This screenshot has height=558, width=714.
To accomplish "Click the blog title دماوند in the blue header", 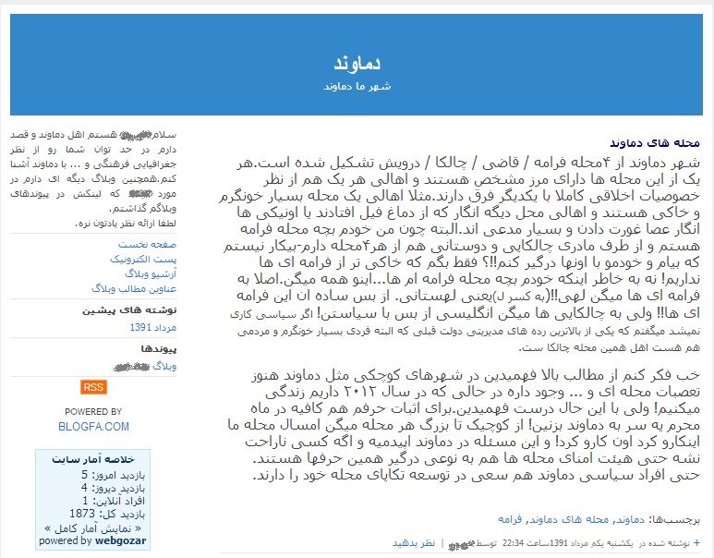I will pyautogui.click(x=357, y=64).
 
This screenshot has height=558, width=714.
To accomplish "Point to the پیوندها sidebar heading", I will pyautogui.click(x=158, y=348).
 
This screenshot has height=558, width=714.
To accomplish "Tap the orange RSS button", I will pyautogui.click(x=92, y=386).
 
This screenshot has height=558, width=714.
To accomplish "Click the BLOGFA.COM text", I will pyautogui.click(x=92, y=426).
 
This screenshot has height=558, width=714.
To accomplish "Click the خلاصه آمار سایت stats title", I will pyautogui.click(x=107, y=458).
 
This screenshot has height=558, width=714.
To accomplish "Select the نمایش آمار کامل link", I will pyautogui.click(x=92, y=528).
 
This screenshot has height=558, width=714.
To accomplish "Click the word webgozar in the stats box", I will pyautogui.click(x=120, y=541).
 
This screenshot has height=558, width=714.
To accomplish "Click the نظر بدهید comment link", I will pyautogui.click(x=413, y=542).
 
